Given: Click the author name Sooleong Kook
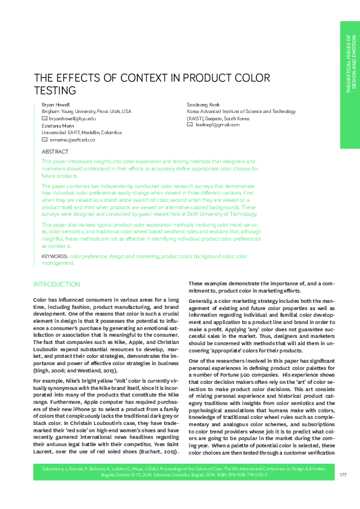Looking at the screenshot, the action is coord(203,105).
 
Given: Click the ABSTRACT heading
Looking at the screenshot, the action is coord(54,152).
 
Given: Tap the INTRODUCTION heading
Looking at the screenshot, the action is coord(56,284).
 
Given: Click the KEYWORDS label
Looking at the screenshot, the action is coord(54,256).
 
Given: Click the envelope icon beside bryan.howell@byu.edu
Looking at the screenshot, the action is coord(44,119).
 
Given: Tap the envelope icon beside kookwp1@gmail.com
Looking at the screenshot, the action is coord(190,125).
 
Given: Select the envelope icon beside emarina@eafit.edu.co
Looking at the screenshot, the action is coord(44,140).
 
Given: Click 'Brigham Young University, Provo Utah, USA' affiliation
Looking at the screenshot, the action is coord(87,112).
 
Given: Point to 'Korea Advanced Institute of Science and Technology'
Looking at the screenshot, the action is coord(241,112).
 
